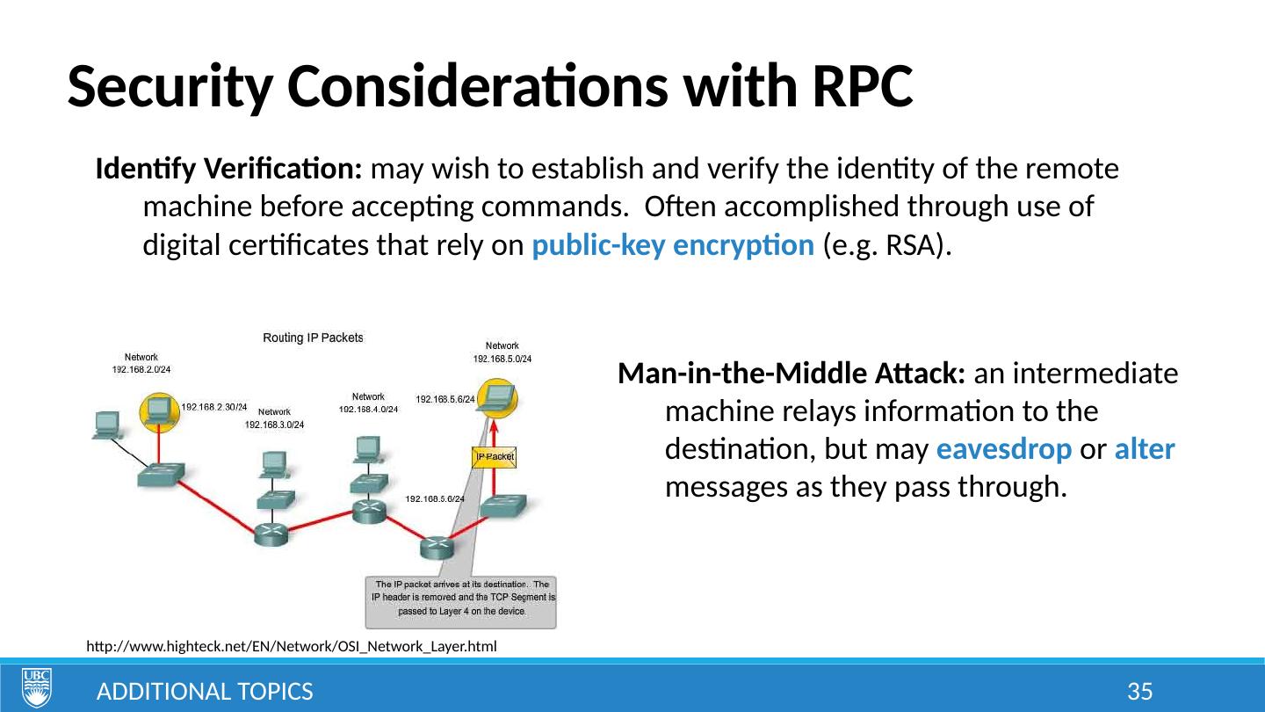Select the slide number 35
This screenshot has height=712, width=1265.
1139,693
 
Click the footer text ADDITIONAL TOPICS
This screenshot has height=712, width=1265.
205,693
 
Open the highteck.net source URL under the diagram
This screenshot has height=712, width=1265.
292,647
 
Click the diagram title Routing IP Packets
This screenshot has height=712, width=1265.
314,338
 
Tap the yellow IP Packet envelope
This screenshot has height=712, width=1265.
495,457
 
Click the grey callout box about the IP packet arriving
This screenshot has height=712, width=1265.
460,602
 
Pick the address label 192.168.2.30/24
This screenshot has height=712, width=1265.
213,407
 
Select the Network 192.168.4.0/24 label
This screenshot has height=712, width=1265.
368,403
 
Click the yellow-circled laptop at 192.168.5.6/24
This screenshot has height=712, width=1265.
496,400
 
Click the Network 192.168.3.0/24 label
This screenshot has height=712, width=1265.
274,418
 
